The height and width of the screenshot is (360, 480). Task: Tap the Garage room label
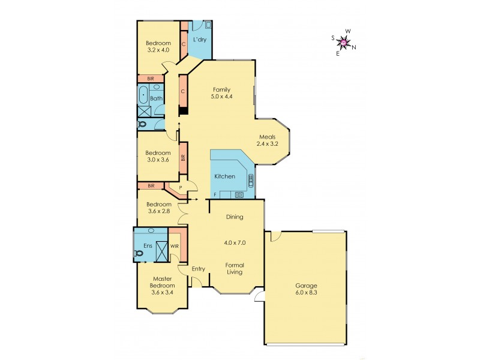tap(306, 286)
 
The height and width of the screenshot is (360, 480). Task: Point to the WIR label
tap(175, 245)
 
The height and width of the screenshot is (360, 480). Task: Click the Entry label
tap(199, 269)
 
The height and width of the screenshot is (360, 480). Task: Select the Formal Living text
tap(234, 268)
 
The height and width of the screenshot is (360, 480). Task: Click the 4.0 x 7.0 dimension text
tap(234, 243)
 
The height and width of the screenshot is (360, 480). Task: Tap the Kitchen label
tap(225, 176)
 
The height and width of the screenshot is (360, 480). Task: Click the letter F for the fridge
tap(215, 196)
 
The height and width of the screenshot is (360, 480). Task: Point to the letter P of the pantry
tap(179, 187)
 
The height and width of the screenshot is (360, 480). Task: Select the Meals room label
tap(268, 137)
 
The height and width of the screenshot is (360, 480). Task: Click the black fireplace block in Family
tap(183, 110)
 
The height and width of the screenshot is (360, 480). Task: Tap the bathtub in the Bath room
tap(143, 95)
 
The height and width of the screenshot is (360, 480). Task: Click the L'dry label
tap(200, 40)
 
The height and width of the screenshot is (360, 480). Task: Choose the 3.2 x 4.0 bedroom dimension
tap(159, 50)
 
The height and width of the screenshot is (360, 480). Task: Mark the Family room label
tap(221, 89)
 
